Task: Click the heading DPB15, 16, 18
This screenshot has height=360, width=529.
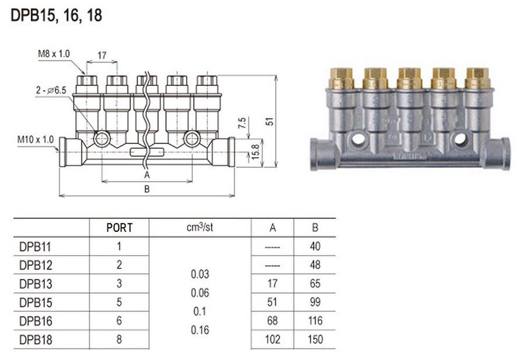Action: tap(56, 16)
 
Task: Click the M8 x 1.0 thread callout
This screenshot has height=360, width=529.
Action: tap(54, 53)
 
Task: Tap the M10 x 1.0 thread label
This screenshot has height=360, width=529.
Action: tap(35, 139)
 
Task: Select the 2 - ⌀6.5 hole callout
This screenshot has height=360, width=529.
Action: tap(51, 91)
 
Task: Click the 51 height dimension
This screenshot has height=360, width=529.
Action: tap(270, 121)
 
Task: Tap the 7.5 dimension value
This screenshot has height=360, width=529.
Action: tap(242, 124)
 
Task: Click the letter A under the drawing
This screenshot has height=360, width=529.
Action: tap(147, 174)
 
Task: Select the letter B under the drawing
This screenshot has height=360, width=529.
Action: tap(147, 189)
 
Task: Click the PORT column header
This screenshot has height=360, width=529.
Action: tap(120, 228)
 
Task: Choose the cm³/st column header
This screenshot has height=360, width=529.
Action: tap(199, 228)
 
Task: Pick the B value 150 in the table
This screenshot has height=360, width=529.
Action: tap(315, 339)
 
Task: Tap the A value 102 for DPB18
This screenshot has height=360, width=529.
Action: tap(273, 339)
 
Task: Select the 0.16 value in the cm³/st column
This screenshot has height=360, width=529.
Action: tap(199, 330)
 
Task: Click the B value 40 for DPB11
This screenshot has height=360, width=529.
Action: tap(315, 247)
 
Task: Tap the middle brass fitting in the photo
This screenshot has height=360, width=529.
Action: tap(409, 78)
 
